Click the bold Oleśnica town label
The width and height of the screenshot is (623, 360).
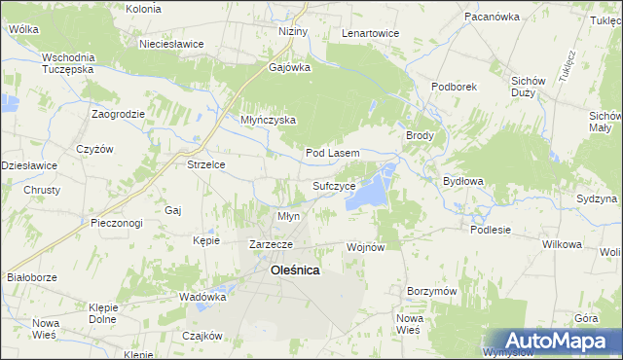point(293,271)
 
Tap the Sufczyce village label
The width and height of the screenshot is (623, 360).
point(340,184)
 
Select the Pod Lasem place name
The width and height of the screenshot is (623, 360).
point(333,154)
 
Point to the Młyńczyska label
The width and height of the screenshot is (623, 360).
point(268,121)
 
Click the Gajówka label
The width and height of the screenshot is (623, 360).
point(289,68)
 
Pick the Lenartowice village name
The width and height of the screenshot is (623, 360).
point(370,33)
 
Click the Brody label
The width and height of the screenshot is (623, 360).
point(420,136)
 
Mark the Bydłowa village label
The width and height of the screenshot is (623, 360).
point(463,181)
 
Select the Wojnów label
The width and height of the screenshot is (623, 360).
point(367,248)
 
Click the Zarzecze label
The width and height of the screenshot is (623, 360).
point(272,244)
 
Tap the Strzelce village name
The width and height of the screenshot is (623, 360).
point(206,164)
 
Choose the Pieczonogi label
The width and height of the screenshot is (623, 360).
point(116,223)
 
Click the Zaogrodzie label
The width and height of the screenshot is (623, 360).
point(119,114)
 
